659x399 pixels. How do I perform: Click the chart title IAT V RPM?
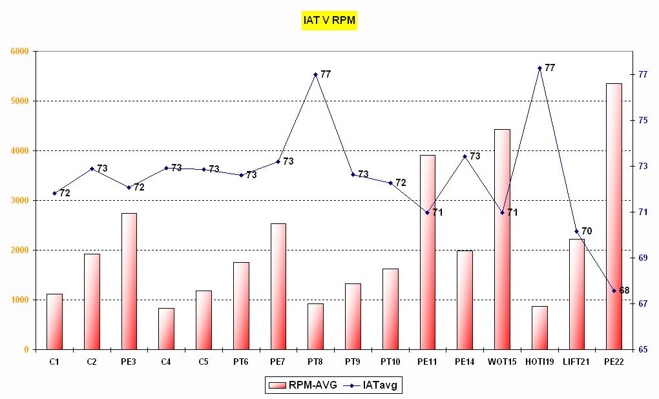pos(329,21)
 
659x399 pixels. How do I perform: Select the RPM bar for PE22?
pos(614,216)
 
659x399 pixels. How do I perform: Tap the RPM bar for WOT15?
pos(502,239)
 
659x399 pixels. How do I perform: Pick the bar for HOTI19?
pos(539,328)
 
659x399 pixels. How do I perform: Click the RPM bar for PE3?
pos(129,281)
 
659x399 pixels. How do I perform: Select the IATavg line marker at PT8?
pos(315,74)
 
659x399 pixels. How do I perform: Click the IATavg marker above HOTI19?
pos(539,68)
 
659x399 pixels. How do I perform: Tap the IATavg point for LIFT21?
pos(577,231)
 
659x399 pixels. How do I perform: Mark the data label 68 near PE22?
pos(624,291)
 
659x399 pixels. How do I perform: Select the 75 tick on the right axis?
pos(643,120)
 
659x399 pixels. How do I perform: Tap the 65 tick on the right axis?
pos(643,349)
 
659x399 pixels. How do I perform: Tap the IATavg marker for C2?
pos(92,169)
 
